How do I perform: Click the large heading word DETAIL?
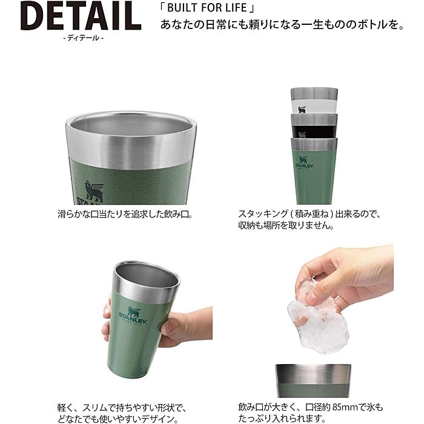pyautogui.click(x=81, y=16)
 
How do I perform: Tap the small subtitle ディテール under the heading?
pyautogui.click(x=81, y=38)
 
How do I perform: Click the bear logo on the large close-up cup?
pyautogui.click(x=94, y=191)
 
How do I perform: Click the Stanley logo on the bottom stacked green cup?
pyautogui.click(x=303, y=162)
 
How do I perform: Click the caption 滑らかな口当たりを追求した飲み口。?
pyautogui.click(x=122, y=214)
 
